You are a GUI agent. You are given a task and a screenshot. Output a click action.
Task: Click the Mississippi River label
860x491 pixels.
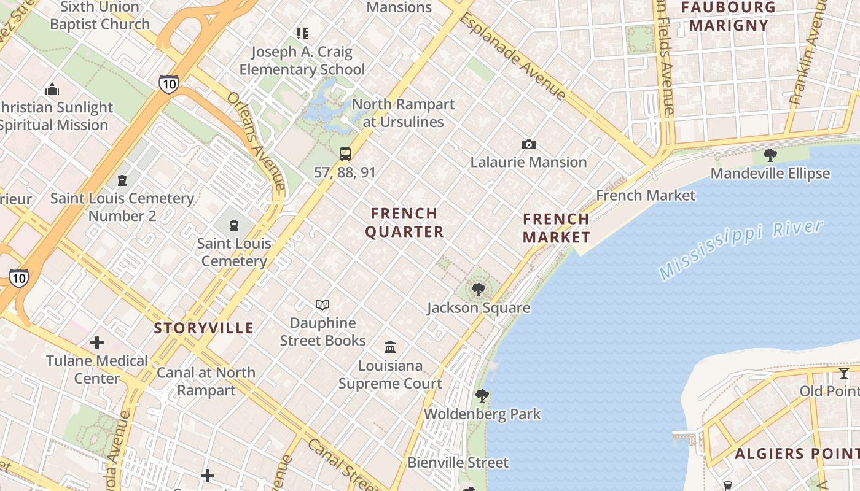(x=740, y=250)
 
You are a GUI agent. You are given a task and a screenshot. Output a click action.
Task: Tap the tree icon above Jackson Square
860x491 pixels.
(x=479, y=289)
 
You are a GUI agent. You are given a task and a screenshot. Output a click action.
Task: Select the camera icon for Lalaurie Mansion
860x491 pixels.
(x=528, y=145)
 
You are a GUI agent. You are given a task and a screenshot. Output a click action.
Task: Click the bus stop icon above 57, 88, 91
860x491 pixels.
(x=345, y=154)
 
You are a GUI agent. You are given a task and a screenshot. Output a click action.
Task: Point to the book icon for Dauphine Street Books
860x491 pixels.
(x=322, y=304)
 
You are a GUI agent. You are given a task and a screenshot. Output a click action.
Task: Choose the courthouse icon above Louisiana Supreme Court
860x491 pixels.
(x=390, y=347)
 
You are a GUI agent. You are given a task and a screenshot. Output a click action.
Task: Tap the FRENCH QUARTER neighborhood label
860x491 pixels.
(x=404, y=223)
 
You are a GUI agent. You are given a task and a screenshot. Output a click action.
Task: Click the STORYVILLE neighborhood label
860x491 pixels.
(x=204, y=328)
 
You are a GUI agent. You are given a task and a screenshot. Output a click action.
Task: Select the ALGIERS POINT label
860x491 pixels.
(x=797, y=454)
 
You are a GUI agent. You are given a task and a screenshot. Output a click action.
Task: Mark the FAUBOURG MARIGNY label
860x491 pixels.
(x=729, y=17)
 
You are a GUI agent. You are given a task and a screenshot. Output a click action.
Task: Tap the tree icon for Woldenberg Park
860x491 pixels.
(x=482, y=395)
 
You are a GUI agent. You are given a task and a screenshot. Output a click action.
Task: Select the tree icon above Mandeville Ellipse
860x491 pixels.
(x=770, y=155)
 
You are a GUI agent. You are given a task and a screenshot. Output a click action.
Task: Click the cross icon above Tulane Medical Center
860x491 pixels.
(x=97, y=342)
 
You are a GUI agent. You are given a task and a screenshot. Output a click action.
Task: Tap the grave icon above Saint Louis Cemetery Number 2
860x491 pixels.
(x=122, y=180)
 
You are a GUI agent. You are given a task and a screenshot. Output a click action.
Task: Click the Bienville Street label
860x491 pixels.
(x=458, y=463)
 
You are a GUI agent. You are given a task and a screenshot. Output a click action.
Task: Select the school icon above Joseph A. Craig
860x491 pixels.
(x=302, y=33)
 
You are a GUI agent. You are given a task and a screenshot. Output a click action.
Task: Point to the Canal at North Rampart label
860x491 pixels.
(x=206, y=381)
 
